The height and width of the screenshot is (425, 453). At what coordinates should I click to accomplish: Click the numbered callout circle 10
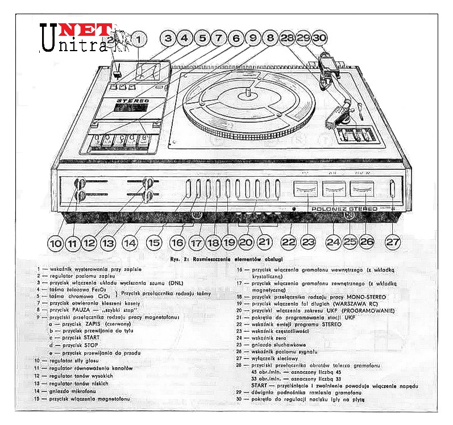coord(55,243)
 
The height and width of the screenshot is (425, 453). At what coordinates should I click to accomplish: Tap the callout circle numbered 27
coord(393,242)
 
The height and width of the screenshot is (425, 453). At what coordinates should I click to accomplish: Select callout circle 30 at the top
coord(320,39)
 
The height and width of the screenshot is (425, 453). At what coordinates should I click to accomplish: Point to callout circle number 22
coord(290,242)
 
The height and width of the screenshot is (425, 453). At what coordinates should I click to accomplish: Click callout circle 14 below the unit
coord(131,243)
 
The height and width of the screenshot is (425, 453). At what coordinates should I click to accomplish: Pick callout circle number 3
coord(168,39)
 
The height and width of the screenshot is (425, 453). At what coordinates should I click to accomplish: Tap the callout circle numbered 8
coord(271,39)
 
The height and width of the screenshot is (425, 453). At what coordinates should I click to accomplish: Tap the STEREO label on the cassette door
coord(132,101)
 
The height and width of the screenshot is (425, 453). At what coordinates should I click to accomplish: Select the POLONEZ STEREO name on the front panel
coord(344,209)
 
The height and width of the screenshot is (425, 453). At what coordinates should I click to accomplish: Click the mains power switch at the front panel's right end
coord(392,189)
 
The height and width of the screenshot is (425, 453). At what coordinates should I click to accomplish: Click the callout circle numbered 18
coord(213,242)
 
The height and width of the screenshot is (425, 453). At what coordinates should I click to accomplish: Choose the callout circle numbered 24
coord(333,242)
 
